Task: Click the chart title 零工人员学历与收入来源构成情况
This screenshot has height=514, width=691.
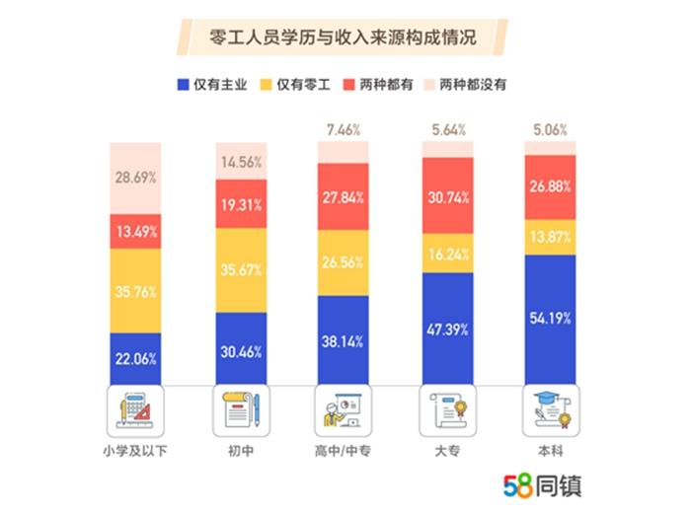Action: pos(345,40)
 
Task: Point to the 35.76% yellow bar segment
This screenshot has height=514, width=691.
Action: pos(135,290)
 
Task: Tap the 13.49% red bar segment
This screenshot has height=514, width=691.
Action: pos(135,231)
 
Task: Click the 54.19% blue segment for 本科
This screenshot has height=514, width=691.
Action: pos(550,320)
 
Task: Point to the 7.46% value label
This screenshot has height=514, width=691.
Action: pos(343,128)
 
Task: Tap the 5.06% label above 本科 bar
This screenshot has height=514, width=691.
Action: pos(550,128)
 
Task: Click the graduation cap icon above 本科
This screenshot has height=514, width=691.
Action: pos(550,408)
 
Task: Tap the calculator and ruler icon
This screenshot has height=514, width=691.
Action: pos(135,408)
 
